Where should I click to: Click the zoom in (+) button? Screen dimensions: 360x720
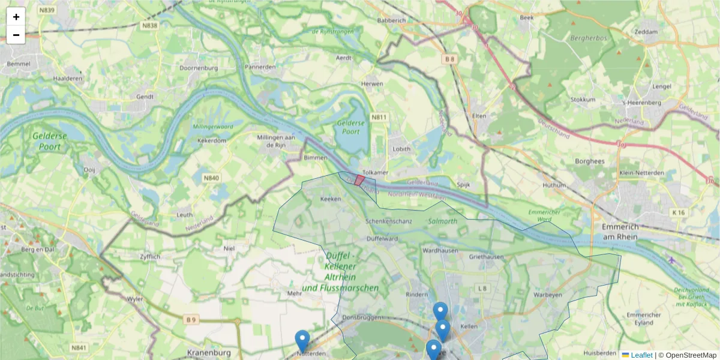click(16, 17)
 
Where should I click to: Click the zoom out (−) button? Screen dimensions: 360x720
click(16, 35)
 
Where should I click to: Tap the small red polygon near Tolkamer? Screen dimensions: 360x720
click(359, 180)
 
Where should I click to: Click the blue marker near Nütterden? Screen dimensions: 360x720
click(302, 340)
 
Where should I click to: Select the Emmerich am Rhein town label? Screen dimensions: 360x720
click(621, 232)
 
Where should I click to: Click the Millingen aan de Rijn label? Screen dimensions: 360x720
click(277, 142)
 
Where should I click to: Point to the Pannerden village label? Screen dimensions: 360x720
click(260, 67)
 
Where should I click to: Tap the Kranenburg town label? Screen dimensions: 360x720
click(209, 353)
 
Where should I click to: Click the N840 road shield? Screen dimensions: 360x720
click(211, 178)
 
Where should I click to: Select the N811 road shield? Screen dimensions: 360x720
click(379, 118)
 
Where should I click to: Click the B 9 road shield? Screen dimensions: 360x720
click(191, 320)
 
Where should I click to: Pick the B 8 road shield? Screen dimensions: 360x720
click(450, 59)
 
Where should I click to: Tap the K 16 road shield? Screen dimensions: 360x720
click(679, 212)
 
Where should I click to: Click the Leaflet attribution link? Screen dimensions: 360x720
click(641, 355)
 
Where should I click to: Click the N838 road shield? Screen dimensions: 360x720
click(149, 25)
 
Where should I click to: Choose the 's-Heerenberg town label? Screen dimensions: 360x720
click(643, 103)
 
